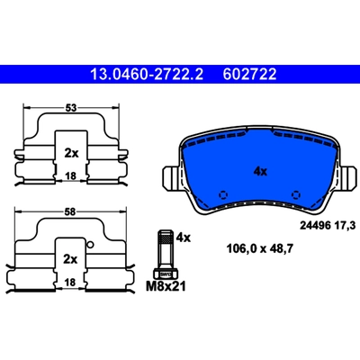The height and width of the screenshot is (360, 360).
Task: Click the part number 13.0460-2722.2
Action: click(x=147, y=74)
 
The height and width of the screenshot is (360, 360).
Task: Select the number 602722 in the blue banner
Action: click(x=249, y=74)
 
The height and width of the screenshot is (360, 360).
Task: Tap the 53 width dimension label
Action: click(x=71, y=108)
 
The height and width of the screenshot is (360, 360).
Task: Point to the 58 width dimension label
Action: click(x=70, y=212)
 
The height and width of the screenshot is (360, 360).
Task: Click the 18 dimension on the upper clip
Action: click(x=71, y=176)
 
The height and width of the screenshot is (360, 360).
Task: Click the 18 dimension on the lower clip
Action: click(x=70, y=283)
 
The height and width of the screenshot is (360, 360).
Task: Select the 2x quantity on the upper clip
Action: click(x=71, y=154)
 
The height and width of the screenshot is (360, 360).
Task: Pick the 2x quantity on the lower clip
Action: click(x=70, y=259)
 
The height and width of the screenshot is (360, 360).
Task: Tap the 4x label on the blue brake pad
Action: click(x=260, y=172)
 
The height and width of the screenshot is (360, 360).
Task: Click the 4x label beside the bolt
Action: click(x=184, y=238)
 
